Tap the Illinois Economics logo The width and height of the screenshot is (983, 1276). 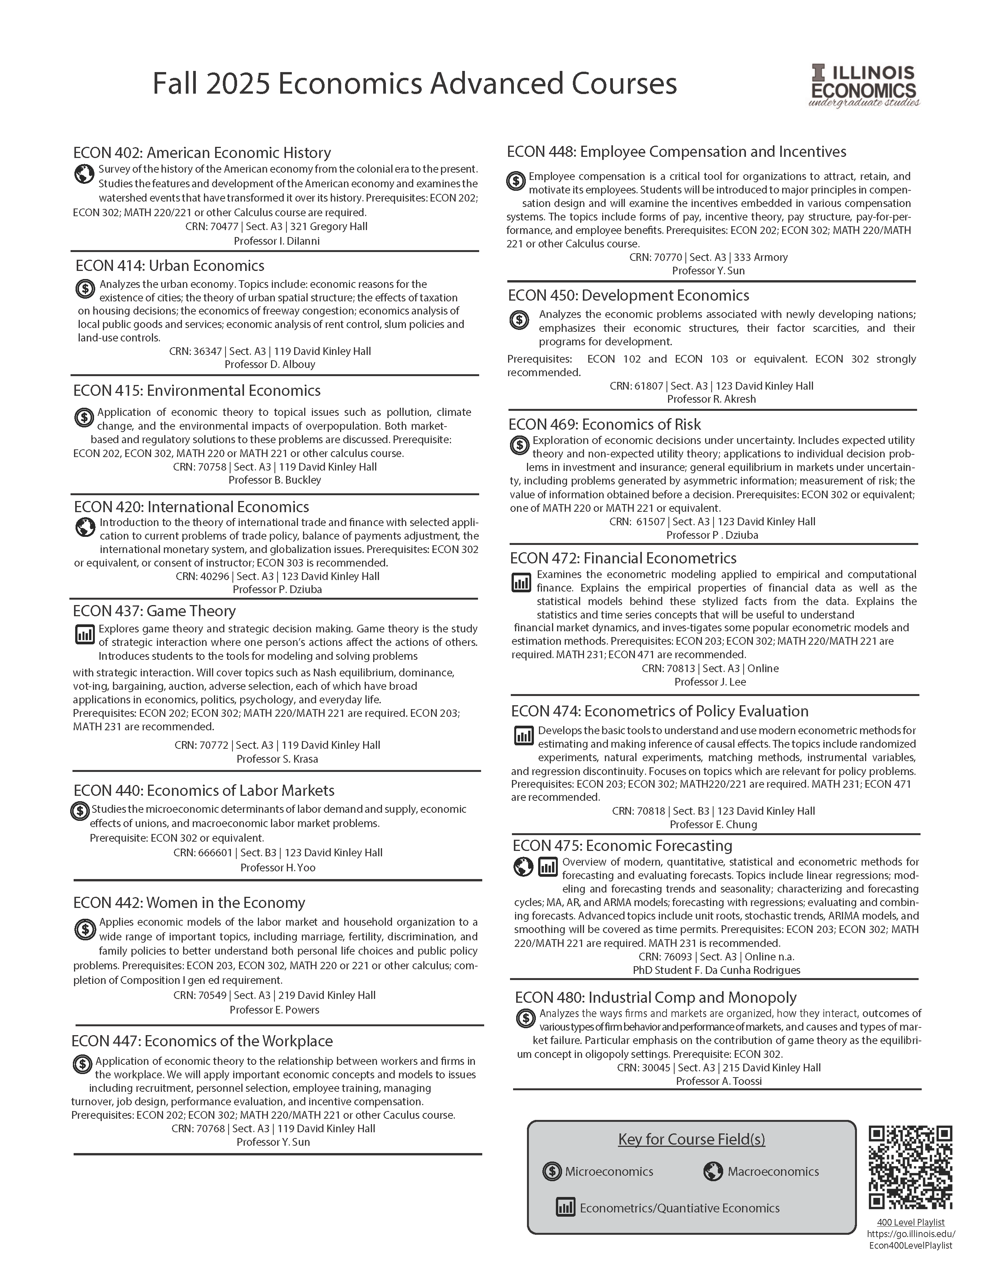tap(864, 86)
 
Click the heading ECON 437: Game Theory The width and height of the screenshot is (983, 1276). tap(154, 611)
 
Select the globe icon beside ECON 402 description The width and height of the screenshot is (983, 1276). tap(85, 173)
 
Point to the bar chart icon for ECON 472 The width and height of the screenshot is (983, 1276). tap(521, 582)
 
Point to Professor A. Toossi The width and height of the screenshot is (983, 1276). tap(719, 1081)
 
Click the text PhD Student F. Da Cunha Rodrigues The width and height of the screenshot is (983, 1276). tap(717, 970)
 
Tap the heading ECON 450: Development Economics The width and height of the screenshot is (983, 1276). tap(628, 296)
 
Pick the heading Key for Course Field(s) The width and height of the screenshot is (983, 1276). tap(691, 1139)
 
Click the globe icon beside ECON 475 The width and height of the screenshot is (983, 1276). tap(523, 867)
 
